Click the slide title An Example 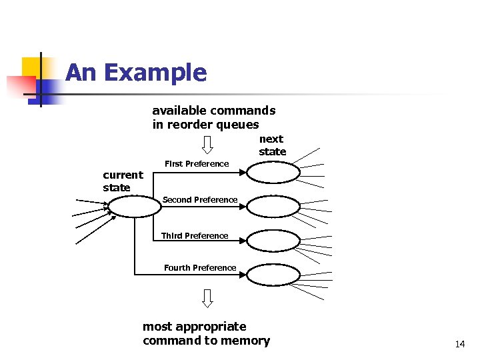(136, 73)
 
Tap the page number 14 (459, 345)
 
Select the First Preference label (197, 164)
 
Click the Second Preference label (199, 200)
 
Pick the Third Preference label (195, 236)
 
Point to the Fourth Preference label (200, 268)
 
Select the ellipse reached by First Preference (273, 173)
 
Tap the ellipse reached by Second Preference (273, 207)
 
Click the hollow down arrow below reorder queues (207, 144)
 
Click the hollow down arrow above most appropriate (207, 298)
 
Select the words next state (272, 145)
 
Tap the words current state (123, 181)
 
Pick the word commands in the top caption (244, 111)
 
